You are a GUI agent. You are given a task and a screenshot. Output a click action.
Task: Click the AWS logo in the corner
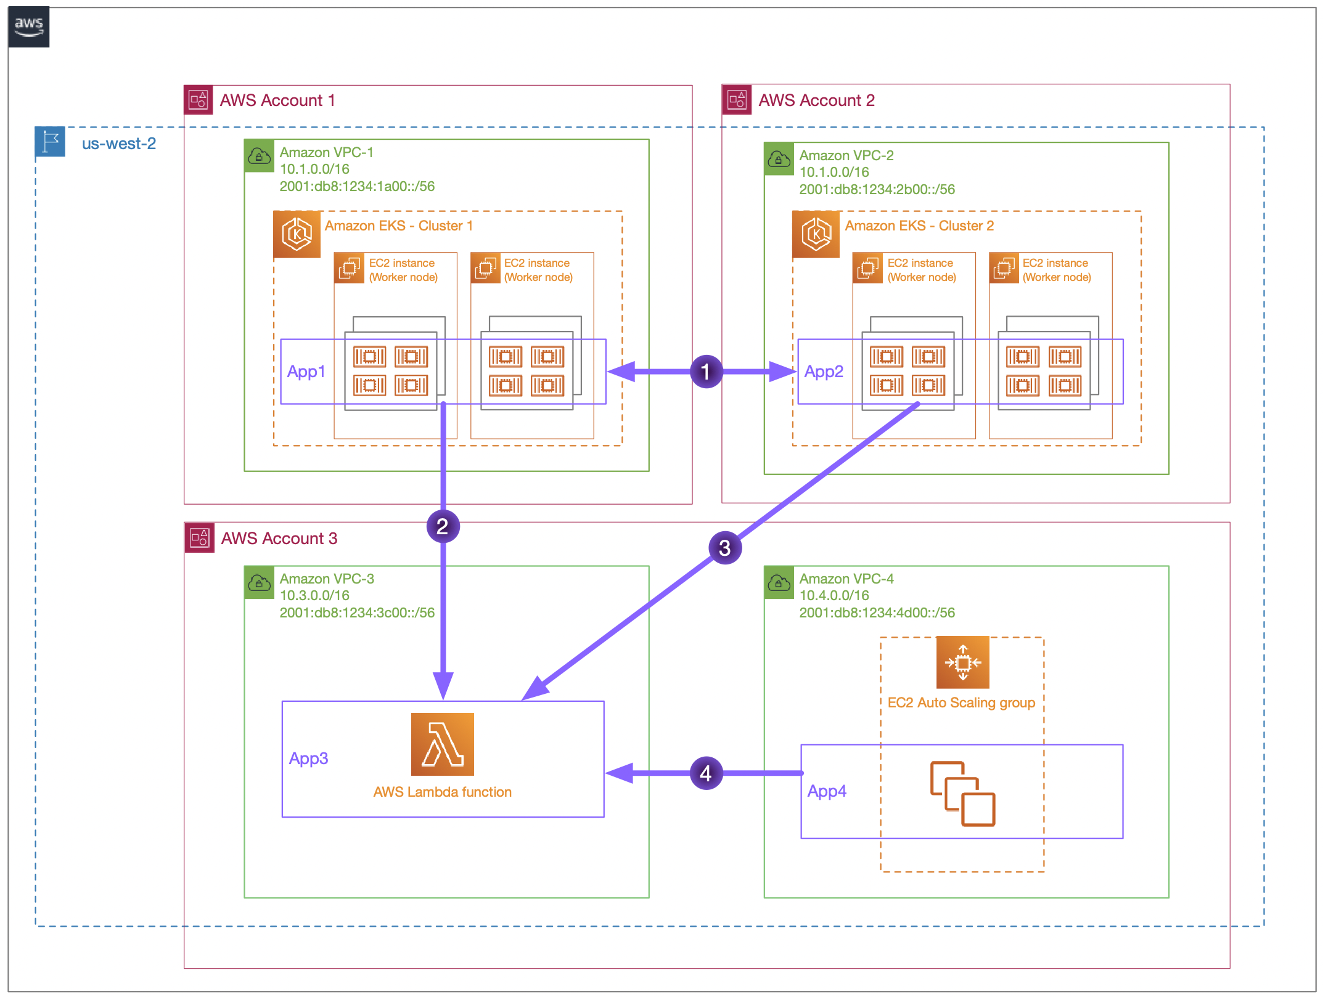click(28, 27)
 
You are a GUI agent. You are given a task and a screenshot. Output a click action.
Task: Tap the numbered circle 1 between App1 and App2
click(706, 372)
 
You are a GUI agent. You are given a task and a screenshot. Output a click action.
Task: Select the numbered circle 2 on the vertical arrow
click(443, 527)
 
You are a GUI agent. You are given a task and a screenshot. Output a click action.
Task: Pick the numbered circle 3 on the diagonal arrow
click(724, 548)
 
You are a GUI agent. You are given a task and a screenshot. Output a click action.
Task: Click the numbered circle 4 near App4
click(706, 773)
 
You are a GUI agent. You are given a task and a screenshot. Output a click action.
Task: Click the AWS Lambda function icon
click(442, 744)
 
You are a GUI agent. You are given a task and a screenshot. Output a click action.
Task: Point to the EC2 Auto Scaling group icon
click(962, 662)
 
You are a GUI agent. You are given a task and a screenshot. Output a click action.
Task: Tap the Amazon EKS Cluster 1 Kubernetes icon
click(297, 234)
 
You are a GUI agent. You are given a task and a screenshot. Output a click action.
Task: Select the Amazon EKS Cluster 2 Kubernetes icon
click(816, 234)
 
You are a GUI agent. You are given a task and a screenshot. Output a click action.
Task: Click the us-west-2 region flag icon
click(50, 142)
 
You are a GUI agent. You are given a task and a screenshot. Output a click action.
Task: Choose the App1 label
click(306, 372)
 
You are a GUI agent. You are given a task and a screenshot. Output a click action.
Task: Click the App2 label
click(824, 372)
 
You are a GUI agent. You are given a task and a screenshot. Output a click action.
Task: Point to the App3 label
click(308, 759)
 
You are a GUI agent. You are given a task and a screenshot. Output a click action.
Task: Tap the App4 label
click(827, 791)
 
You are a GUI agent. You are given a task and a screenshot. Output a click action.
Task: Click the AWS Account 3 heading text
click(279, 539)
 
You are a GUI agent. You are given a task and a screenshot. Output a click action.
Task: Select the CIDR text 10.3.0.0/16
click(314, 596)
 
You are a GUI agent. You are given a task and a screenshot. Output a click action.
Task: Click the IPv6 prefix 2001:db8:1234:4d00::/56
click(877, 613)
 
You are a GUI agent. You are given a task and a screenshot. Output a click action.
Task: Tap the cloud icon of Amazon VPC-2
click(779, 159)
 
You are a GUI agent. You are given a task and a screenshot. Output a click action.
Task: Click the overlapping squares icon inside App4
click(962, 794)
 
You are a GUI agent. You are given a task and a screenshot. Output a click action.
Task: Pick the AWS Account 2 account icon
click(737, 100)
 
